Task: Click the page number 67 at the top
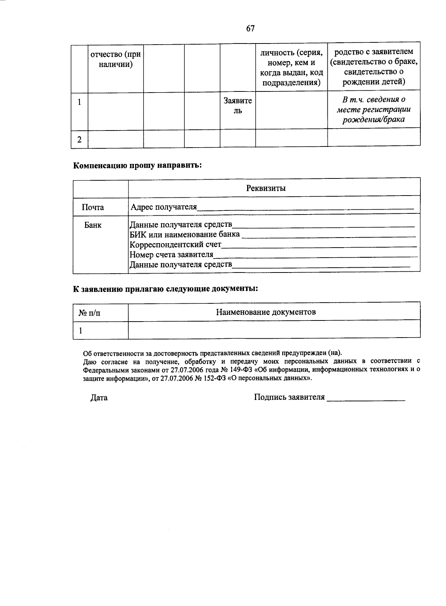point(250,29)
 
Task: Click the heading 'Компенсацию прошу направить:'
point(137,165)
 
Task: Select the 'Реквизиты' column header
point(266,188)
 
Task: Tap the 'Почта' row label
point(93,207)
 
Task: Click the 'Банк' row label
point(93,225)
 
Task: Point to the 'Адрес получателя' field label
point(164,207)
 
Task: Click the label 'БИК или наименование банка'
point(185,235)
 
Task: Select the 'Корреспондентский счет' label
point(175,245)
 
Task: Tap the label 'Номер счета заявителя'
point(171,255)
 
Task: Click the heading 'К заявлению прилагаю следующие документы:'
point(165,289)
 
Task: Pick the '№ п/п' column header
point(90,313)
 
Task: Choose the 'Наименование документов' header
point(266,312)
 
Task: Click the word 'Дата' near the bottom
point(99,398)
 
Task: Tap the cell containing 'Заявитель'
point(237,106)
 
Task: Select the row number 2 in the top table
point(79,140)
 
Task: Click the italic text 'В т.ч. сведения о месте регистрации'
point(374,104)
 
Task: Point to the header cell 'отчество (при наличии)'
point(116,59)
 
